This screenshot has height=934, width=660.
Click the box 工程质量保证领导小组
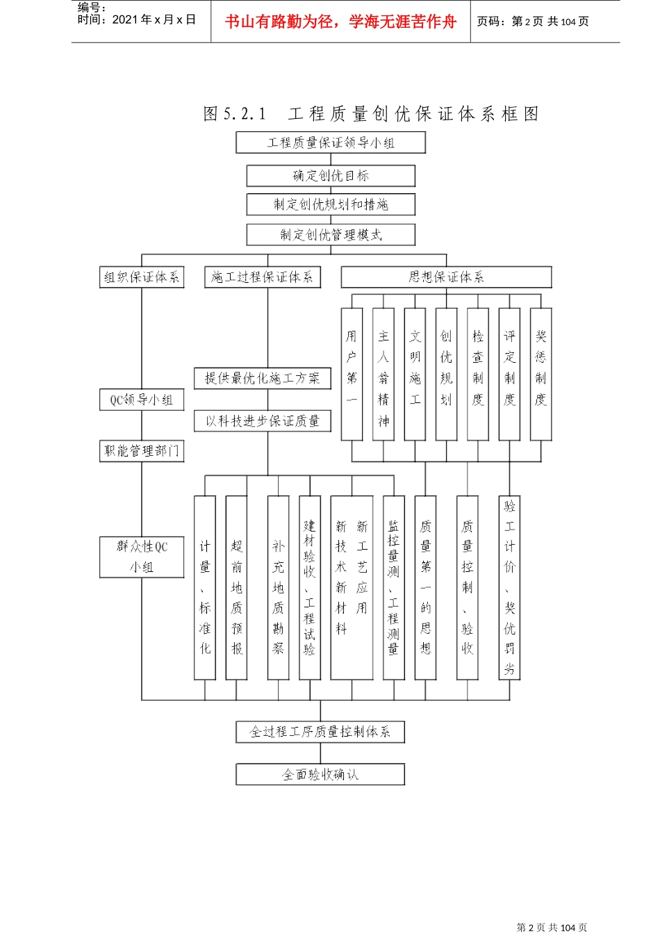[x=331, y=143]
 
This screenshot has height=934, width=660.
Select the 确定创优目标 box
[x=331, y=176]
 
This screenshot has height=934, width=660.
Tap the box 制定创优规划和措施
[x=331, y=204]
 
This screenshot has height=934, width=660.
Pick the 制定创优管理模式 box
[x=331, y=235]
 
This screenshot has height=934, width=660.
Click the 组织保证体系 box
[x=142, y=277]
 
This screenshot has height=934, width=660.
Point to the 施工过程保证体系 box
[x=262, y=277]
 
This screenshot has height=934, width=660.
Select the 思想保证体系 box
[x=446, y=277]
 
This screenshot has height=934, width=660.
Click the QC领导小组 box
[x=142, y=400]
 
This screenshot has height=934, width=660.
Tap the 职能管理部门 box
[x=142, y=451]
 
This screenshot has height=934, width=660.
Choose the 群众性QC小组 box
[x=142, y=557]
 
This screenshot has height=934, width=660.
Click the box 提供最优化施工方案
[x=262, y=379]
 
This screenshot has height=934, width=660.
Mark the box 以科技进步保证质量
[x=262, y=421]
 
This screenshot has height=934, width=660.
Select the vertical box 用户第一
[x=352, y=375]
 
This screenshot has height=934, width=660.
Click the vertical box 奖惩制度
[x=541, y=375]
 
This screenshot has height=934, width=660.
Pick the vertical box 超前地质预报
[x=236, y=588]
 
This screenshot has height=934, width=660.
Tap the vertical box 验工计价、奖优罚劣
[x=509, y=588]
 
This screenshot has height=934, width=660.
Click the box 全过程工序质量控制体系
[x=320, y=732]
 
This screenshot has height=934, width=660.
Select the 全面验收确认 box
[x=320, y=774]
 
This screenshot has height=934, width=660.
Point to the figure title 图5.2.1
[x=235, y=114]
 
